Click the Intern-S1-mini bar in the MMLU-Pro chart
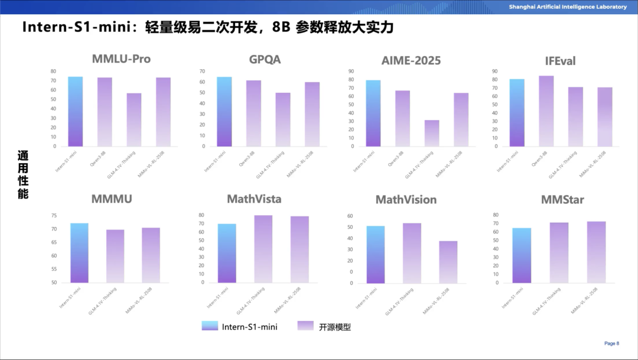[75, 112]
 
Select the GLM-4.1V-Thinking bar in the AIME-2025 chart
[432, 133]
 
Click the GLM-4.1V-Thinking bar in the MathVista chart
[263, 249]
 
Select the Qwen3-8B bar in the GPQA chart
[253, 113]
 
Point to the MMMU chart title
[112, 199]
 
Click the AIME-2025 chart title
[411, 60]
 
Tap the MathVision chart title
[406, 200]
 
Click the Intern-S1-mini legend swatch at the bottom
[210, 326]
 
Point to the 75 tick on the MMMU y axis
[54, 216]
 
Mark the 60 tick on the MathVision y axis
[350, 216]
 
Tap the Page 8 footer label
[611, 343]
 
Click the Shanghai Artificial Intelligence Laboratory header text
[568, 7]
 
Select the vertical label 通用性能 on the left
[23, 174]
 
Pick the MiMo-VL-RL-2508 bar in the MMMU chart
[151, 255]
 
